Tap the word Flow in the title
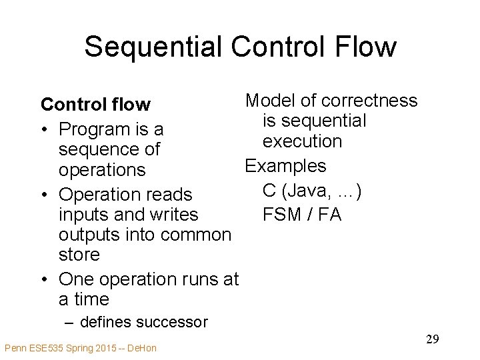point(365,47)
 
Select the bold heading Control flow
point(95,105)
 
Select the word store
point(79,255)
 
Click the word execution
point(302,141)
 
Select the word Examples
point(285,166)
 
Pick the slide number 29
point(432,339)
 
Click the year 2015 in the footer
point(93,348)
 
